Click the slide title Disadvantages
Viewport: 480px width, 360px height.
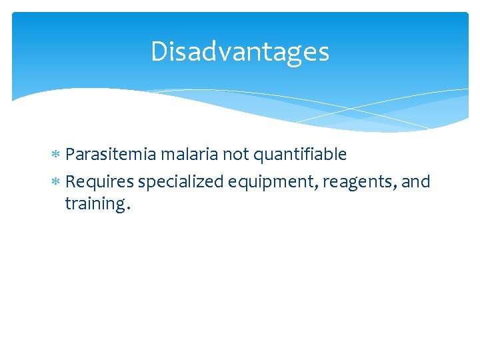240,52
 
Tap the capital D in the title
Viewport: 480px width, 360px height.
159,52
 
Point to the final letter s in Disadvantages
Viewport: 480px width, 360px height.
323,54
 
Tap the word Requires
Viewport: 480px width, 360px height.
100,181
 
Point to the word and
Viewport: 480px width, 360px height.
417,181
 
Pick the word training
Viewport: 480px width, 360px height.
93,205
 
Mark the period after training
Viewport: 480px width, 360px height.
127,209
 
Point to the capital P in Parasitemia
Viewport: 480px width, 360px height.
71,155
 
